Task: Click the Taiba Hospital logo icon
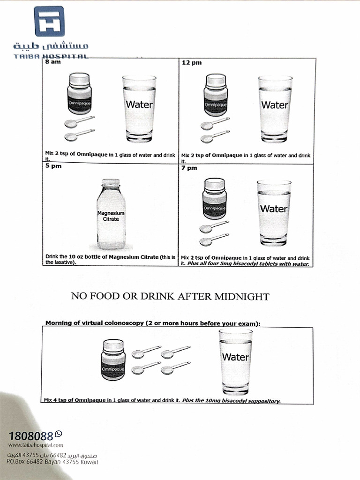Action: [x=49, y=21]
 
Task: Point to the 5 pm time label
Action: [x=52, y=165]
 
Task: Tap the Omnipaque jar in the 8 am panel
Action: [x=79, y=94]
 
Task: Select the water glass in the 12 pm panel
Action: [x=275, y=109]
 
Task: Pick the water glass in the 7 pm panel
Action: [x=274, y=212]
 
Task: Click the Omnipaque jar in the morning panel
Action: [x=113, y=360]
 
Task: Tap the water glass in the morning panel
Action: [x=235, y=361]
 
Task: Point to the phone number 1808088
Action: [x=30, y=435]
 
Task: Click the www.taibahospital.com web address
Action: [x=35, y=445]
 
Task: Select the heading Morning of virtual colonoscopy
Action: [x=94, y=323]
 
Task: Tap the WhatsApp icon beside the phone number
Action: [x=58, y=434]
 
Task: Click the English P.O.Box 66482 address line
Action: [x=52, y=462]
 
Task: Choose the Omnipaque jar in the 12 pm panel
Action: [x=216, y=95]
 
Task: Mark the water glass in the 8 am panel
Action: [x=139, y=109]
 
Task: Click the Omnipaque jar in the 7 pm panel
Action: [x=215, y=198]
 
